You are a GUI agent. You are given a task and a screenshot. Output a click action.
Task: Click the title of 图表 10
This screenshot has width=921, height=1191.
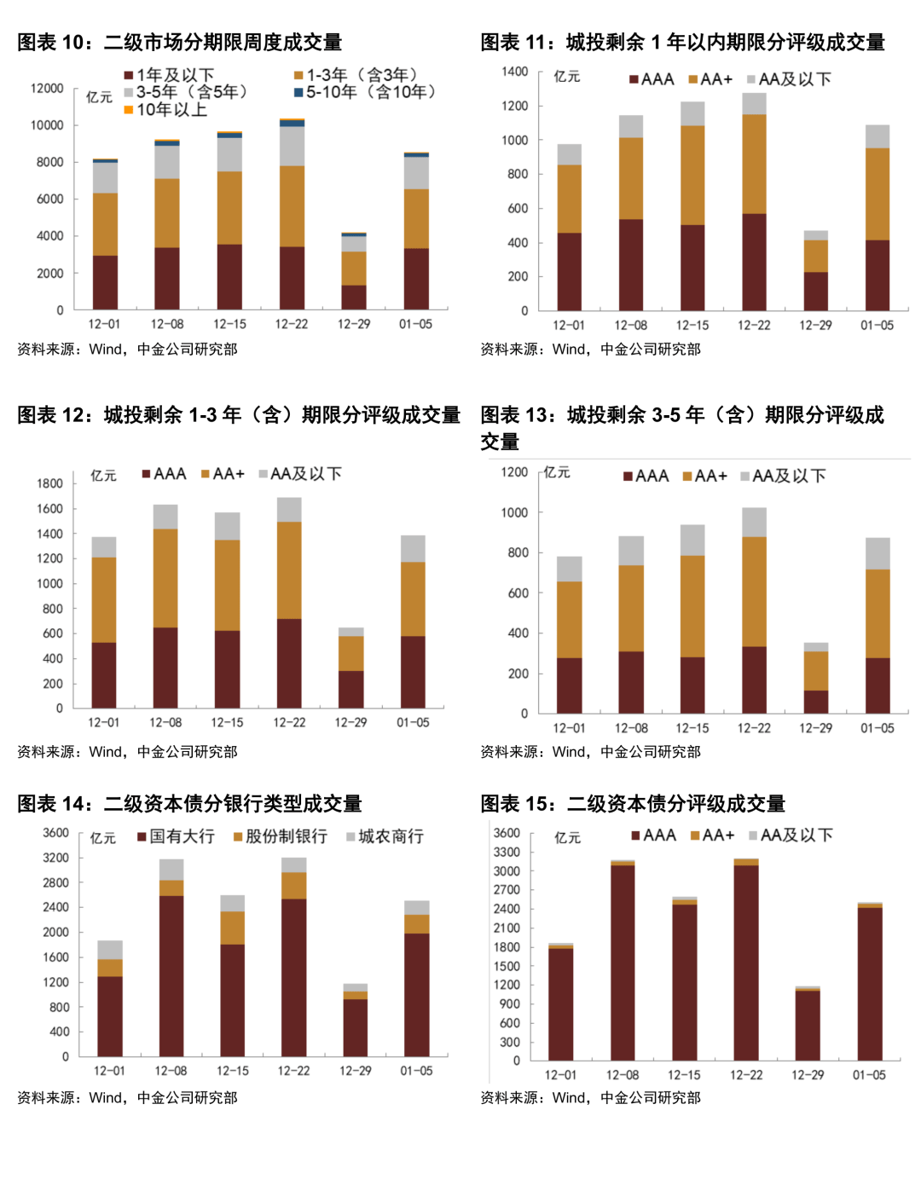(x=180, y=42)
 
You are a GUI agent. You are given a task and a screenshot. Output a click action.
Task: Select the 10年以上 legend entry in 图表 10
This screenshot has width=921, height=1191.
(x=165, y=109)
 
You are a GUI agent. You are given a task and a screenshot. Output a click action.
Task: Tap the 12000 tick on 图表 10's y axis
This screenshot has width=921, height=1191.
(x=47, y=89)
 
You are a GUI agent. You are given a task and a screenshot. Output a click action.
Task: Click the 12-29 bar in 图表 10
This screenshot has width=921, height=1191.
(x=354, y=271)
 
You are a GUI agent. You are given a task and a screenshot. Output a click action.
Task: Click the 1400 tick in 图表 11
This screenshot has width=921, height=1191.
(x=515, y=72)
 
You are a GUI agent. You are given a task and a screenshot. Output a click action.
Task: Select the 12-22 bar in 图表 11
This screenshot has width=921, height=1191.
(x=754, y=202)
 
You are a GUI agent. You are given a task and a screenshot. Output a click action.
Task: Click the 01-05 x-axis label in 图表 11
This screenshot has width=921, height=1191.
(x=877, y=325)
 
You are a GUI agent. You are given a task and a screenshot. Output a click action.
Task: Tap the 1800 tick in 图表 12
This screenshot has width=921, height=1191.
(x=50, y=483)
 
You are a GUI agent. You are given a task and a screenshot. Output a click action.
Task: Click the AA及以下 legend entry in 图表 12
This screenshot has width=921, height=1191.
(x=300, y=474)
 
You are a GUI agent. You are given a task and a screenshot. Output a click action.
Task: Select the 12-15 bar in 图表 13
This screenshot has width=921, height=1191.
(x=692, y=619)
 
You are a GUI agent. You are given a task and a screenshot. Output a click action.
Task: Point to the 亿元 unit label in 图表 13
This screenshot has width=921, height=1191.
(x=557, y=472)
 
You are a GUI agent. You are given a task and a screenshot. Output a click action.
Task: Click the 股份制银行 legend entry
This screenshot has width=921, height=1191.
(x=281, y=836)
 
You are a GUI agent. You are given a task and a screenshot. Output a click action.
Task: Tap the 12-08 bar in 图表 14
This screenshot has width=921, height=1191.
(x=171, y=958)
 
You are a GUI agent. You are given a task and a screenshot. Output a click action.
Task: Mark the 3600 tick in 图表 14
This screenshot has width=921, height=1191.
(x=56, y=833)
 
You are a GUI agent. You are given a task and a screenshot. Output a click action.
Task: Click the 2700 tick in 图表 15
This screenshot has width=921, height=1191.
(x=507, y=890)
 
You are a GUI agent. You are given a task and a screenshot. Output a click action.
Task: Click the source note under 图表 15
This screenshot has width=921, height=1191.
(x=590, y=1098)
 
